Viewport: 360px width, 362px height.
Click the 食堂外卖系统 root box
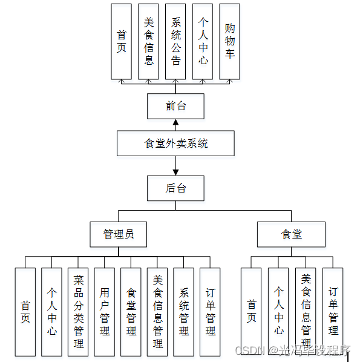point(176,143)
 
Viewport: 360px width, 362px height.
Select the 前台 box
point(176,107)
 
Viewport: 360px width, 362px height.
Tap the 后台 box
point(176,188)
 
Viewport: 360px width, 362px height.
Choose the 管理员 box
point(119,234)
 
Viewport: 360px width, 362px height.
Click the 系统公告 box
point(175,41)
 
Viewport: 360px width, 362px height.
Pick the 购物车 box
point(229,41)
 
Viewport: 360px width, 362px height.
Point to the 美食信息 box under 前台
point(149,41)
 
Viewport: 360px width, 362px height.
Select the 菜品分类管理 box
point(78,312)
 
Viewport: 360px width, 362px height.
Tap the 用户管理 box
point(105,312)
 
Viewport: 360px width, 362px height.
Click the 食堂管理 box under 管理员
point(131,312)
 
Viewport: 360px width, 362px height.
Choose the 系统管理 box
point(184,312)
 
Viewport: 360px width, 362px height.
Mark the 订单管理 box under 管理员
point(210,312)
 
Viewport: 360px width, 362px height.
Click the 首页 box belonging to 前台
point(122,41)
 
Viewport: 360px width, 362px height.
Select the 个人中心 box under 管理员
point(51,312)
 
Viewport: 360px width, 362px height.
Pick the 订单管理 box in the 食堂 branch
point(333,312)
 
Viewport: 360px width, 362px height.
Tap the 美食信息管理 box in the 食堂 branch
point(306,312)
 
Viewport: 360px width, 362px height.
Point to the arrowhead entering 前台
point(176,123)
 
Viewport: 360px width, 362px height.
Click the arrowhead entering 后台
point(176,171)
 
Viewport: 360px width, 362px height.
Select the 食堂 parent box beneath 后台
point(291,234)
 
